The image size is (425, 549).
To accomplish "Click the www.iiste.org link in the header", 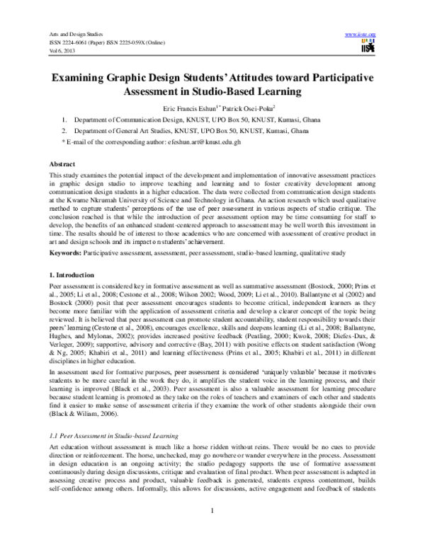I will point(359,34).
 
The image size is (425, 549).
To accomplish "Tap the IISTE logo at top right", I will point(368,47).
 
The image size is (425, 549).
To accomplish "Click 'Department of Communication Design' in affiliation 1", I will point(126,121).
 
